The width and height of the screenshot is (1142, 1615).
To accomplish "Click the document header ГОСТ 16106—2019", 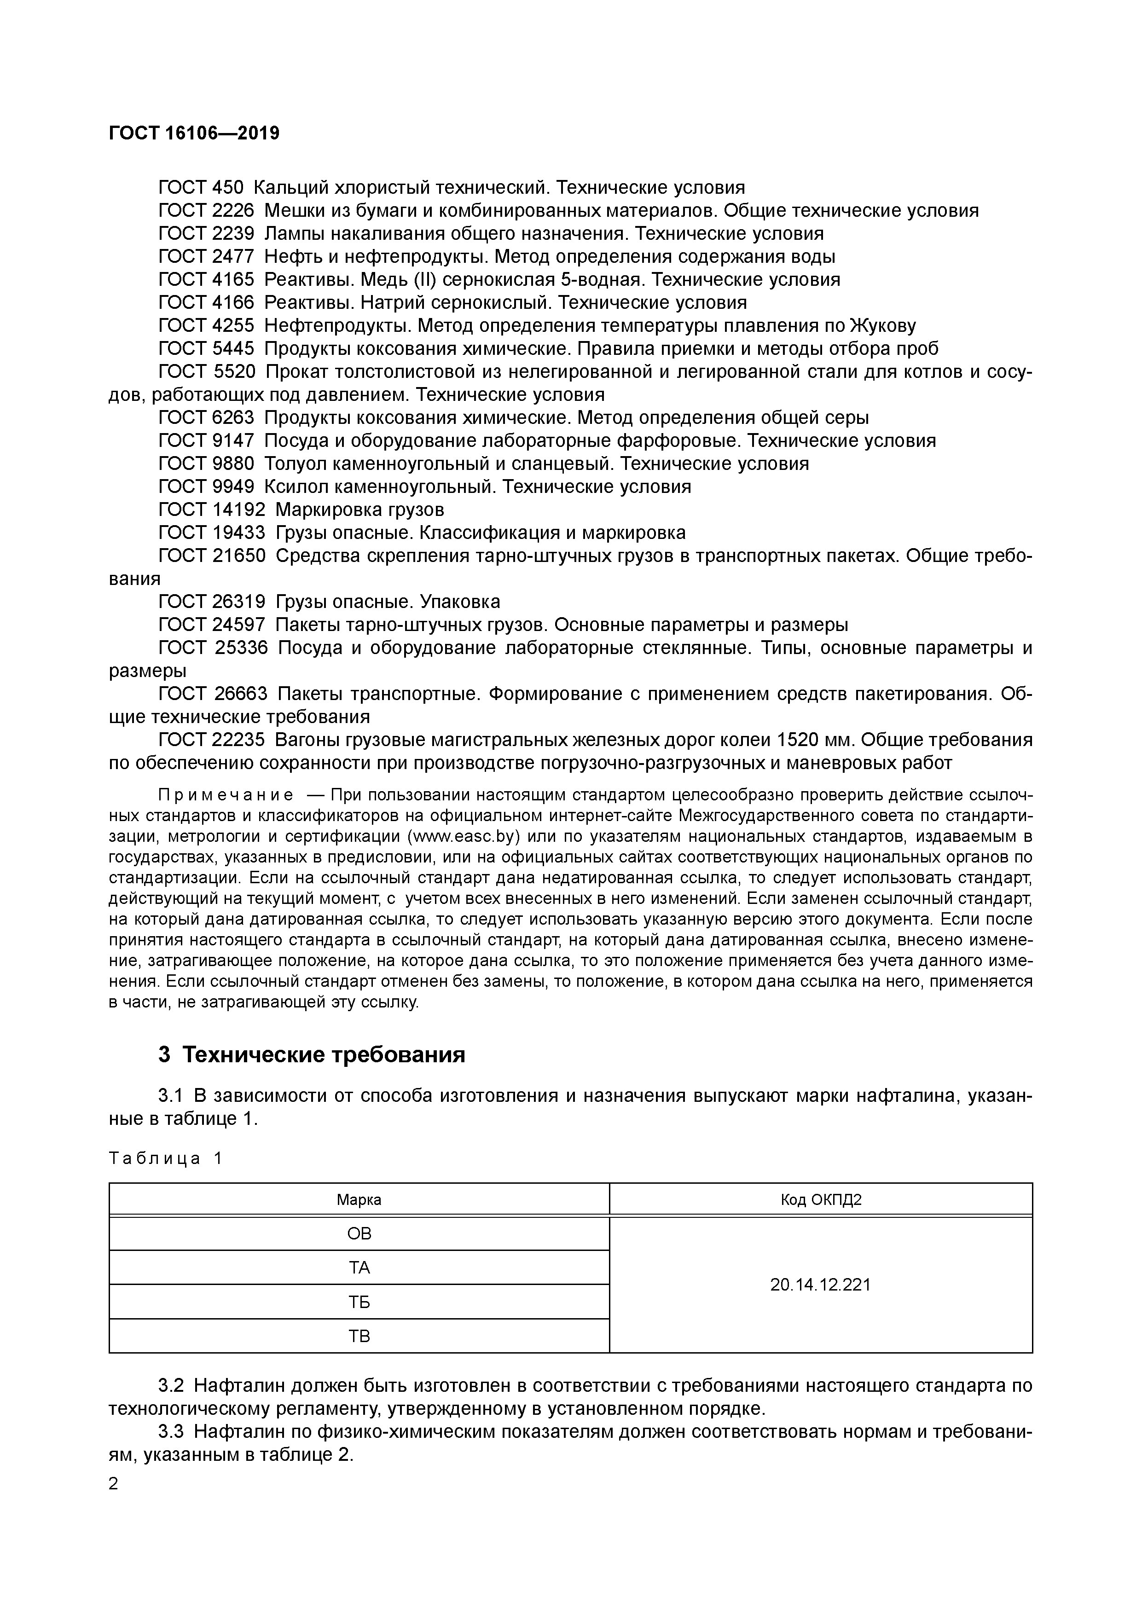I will tap(194, 133).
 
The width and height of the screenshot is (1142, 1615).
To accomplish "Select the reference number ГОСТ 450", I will tap(201, 188).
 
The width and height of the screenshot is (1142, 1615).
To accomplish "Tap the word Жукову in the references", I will tap(883, 326).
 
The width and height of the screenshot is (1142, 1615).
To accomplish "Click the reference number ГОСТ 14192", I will tap(212, 509).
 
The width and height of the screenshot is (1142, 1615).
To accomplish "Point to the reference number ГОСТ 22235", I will tap(212, 740).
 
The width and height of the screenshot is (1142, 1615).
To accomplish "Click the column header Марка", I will tap(359, 1200).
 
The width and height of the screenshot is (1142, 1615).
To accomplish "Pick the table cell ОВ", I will tap(359, 1234).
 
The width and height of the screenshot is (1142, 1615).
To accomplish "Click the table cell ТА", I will tap(359, 1268).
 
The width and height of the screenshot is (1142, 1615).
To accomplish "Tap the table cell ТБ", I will tap(359, 1302).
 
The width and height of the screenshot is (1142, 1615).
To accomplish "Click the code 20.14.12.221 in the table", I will tap(820, 1285).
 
